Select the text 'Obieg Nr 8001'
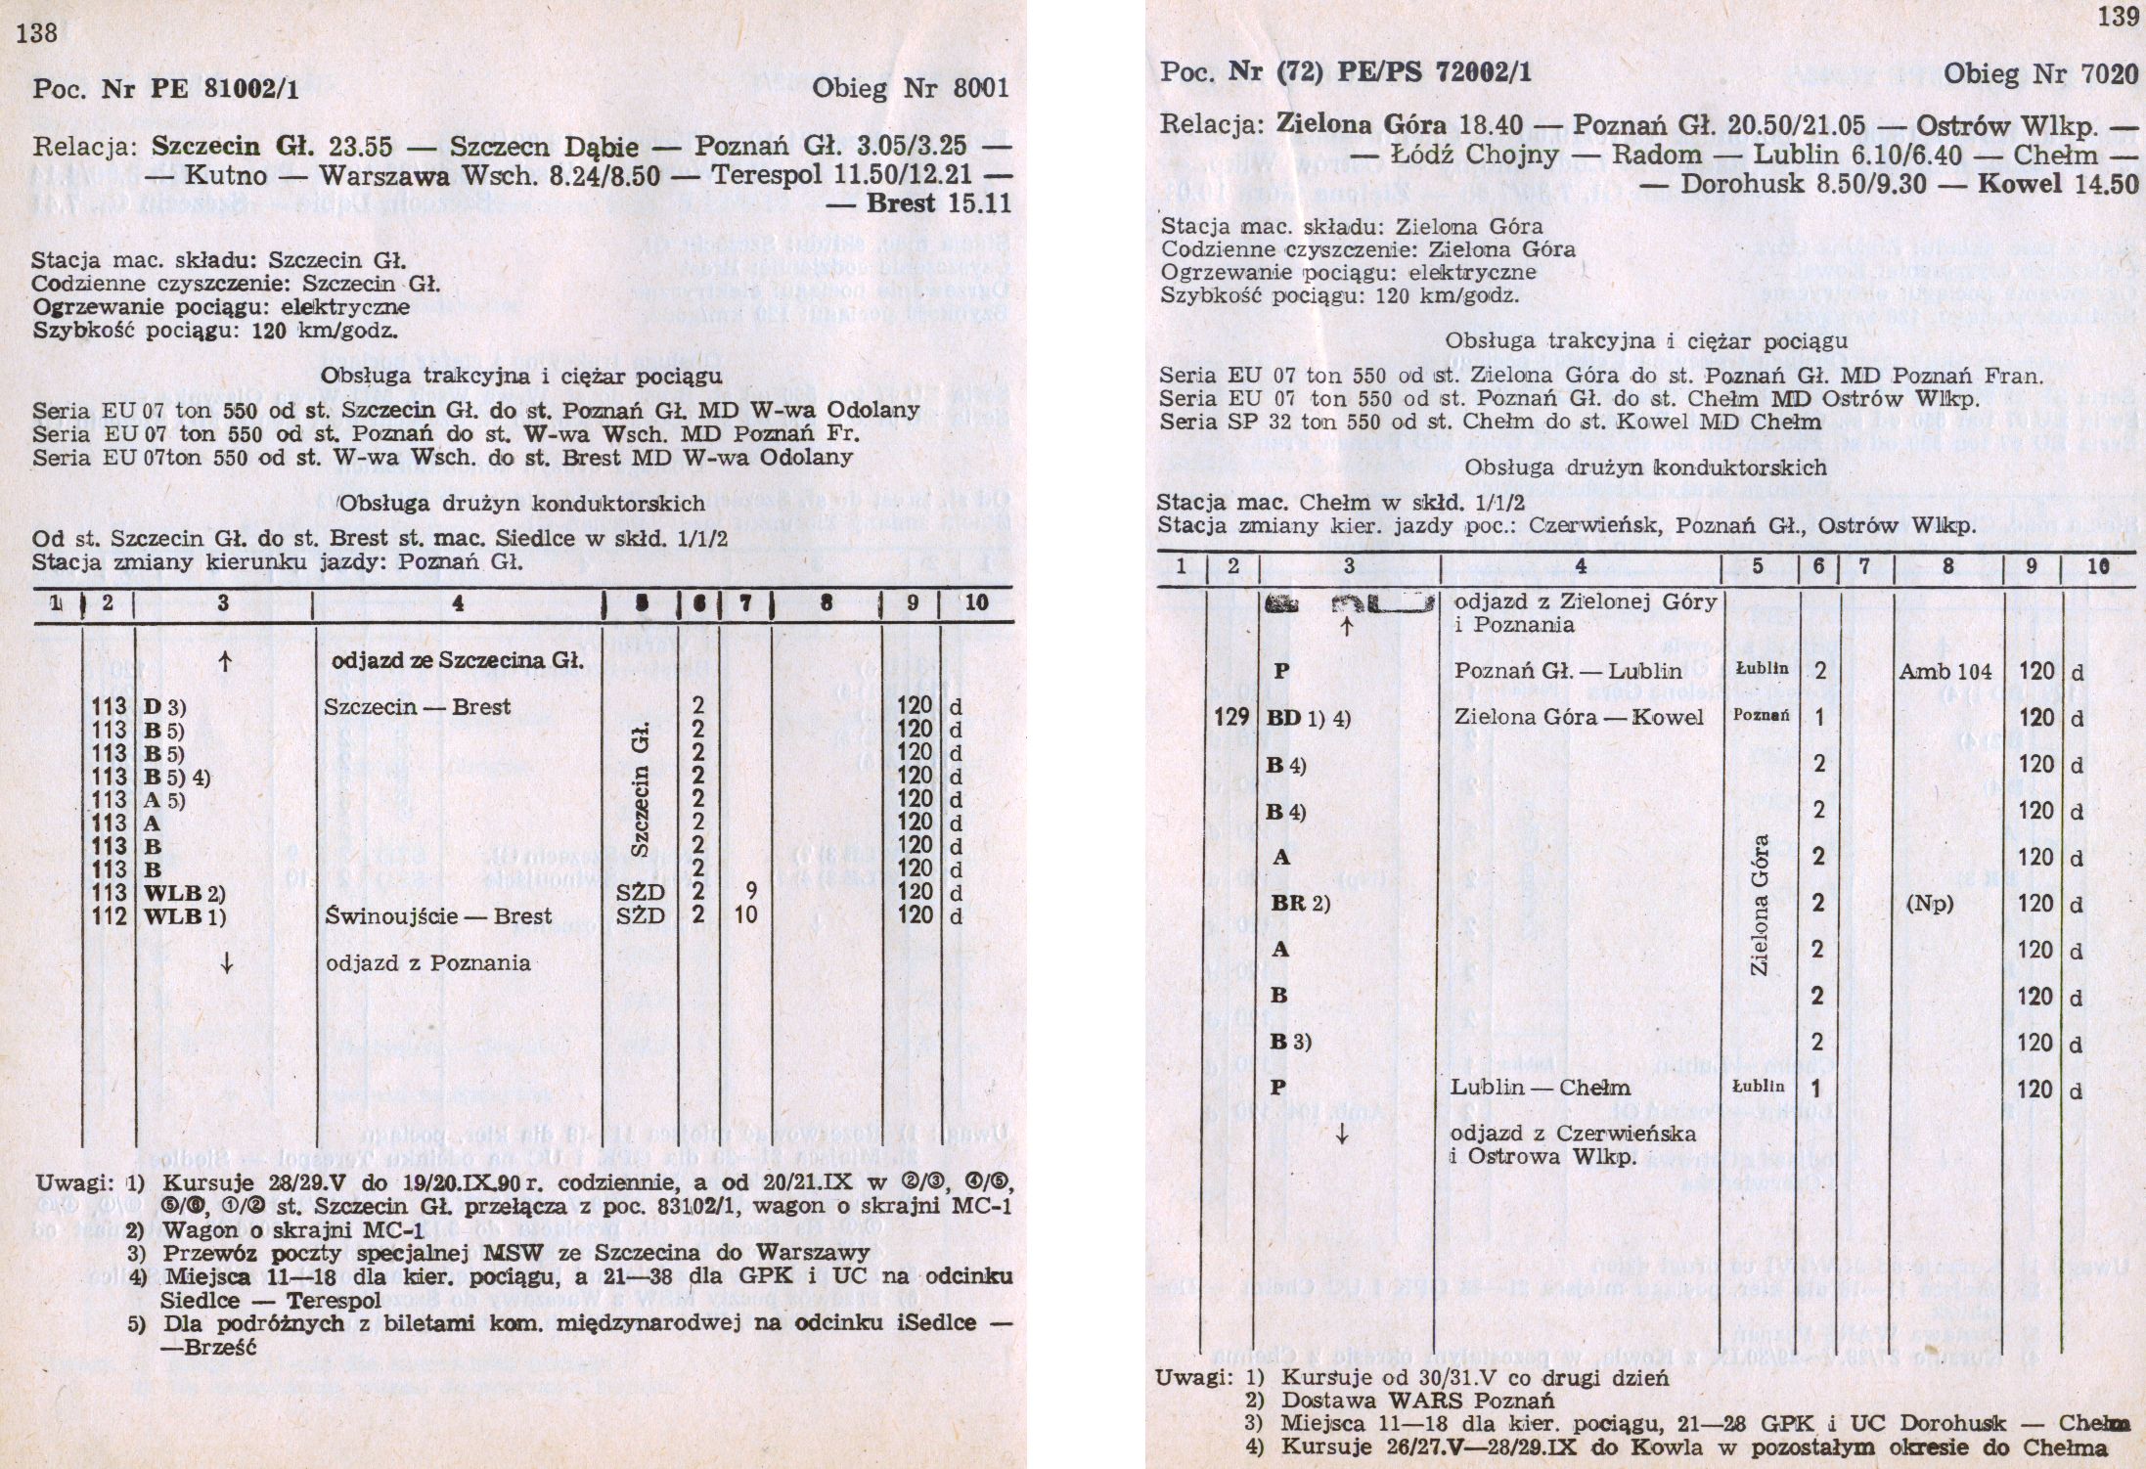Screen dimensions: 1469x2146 tap(911, 90)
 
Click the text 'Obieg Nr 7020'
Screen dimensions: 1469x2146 tap(2040, 73)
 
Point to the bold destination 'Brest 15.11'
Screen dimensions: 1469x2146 tap(937, 203)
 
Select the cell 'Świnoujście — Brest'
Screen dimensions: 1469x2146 tap(438, 916)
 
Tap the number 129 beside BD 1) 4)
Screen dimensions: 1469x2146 tap(1232, 717)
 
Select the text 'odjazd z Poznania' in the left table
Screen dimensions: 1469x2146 tap(427, 962)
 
